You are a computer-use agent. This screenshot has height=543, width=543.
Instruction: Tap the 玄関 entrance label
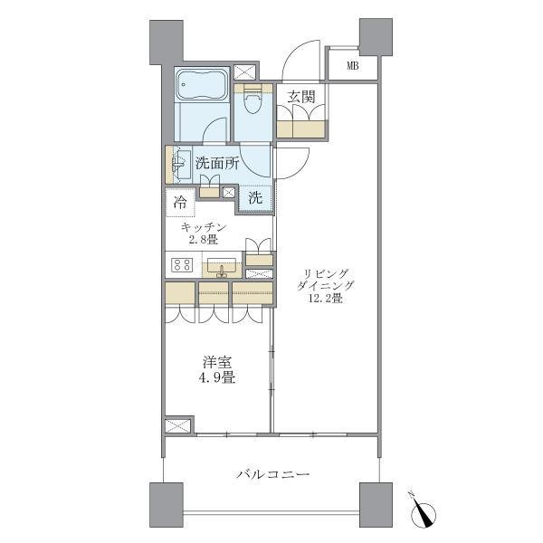tap(301, 96)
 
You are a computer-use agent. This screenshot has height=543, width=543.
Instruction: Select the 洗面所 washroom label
tap(217, 164)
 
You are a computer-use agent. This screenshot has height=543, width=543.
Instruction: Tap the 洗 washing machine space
tap(256, 195)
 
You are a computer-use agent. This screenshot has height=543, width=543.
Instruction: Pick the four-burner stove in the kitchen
tap(181, 266)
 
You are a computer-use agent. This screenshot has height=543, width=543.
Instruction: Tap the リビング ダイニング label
tap(323, 277)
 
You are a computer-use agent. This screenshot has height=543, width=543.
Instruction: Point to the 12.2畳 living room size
tap(323, 298)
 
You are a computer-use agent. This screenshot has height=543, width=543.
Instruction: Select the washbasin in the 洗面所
tap(178, 164)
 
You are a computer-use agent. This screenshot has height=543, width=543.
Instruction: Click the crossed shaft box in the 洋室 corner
tap(178, 425)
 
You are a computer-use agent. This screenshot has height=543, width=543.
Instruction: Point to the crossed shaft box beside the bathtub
tap(244, 73)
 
